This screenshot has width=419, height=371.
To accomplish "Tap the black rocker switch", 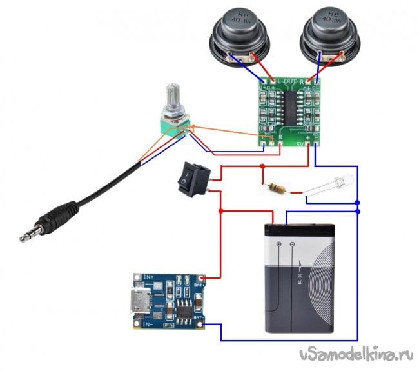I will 190,181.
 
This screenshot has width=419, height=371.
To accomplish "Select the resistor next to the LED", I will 276,188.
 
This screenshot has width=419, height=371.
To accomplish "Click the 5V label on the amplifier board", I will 300,143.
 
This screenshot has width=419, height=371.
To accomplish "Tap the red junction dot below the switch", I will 220,211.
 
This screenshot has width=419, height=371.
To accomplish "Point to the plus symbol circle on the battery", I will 278,245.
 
